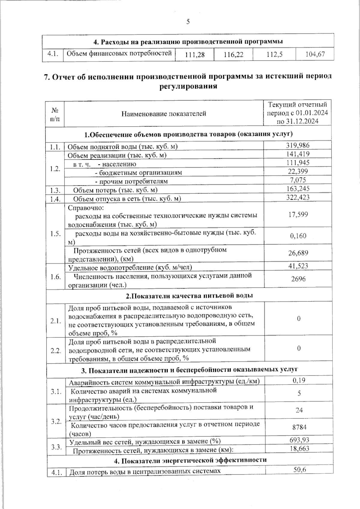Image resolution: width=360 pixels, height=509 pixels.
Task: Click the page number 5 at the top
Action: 188,22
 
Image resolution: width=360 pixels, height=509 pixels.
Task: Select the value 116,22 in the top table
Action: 233,55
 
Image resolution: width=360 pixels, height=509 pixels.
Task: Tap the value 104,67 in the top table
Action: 315,55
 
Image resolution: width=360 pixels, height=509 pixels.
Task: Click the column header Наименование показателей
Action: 164,114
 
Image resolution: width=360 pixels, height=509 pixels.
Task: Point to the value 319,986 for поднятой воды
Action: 298,145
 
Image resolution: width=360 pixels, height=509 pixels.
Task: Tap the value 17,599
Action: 298,214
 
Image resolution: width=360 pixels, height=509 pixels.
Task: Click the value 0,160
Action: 298,236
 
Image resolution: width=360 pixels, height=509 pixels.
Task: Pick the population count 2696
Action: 298,279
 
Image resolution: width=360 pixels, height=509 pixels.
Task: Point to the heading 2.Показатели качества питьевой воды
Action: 189,296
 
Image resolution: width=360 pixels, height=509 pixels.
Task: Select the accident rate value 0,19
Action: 299,380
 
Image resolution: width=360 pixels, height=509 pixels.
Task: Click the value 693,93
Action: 299,440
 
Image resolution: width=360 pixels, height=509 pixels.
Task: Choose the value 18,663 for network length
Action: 299,448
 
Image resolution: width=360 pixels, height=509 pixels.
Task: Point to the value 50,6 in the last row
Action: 299,470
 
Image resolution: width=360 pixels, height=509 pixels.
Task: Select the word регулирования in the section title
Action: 187,87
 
